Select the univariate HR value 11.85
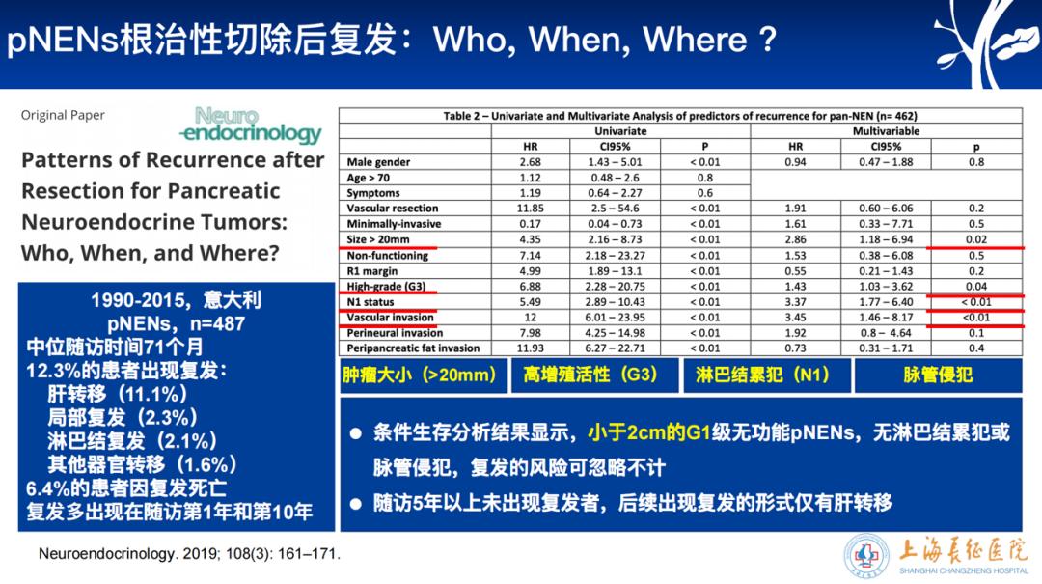(x=530, y=209)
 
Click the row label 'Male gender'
(x=378, y=162)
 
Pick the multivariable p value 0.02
(x=975, y=239)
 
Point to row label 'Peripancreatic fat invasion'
(x=413, y=348)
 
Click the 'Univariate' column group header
(x=620, y=131)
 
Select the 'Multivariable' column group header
(x=886, y=131)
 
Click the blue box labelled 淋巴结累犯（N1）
(x=762, y=375)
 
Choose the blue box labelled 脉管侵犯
(x=937, y=375)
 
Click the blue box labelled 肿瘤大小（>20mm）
(x=422, y=375)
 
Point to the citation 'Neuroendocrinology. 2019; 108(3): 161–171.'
(x=188, y=554)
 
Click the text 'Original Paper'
(x=63, y=115)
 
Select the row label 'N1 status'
(x=371, y=302)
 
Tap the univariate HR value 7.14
(x=530, y=255)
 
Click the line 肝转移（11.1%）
(x=118, y=394)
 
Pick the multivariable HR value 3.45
(x=795, y=318)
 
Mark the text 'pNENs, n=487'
(x=176, y=324)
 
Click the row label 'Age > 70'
(x=370, y=178)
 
